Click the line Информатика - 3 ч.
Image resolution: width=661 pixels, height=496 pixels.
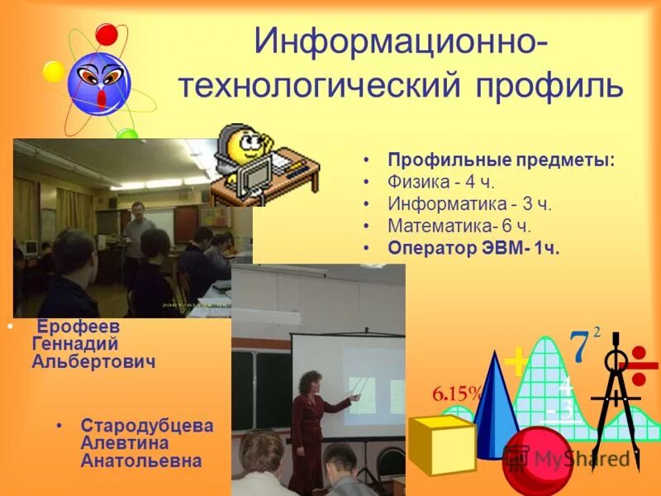pos(469,203)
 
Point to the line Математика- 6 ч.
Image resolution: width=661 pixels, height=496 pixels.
pos(459,226)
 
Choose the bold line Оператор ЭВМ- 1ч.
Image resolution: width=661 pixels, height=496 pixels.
pos(473,248)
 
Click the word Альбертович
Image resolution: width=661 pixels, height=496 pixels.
pos(93,362)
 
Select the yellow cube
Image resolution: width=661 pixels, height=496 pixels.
pos(441,445)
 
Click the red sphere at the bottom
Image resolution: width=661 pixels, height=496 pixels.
pos(537,463)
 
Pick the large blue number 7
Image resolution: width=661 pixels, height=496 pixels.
pos(579,347)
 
